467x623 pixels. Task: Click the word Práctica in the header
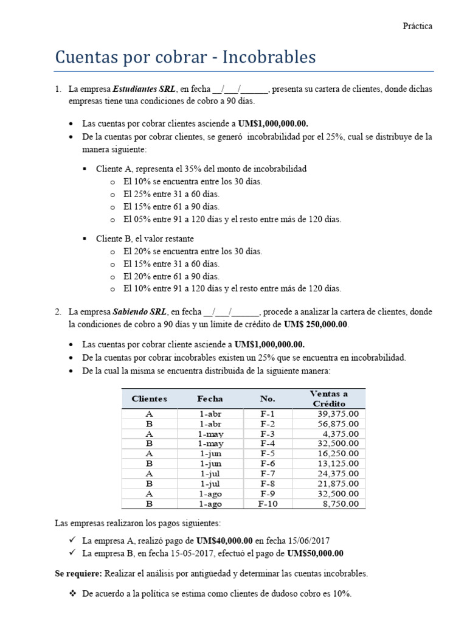coord(417,26)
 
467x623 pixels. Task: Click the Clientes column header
coord(149,399)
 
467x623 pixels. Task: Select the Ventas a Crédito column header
coord(328,399)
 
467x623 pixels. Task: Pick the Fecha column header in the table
coord(210,399)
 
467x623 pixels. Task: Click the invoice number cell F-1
coord(268,414)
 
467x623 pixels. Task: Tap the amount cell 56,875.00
coord(337,424)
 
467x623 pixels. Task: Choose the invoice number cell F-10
coord(268,504)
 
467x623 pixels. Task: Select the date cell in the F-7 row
coord(210,474)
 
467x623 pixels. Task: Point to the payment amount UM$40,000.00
coord(224,540)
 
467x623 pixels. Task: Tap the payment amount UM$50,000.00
coord(314,553)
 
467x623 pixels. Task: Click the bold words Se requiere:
coord(78,573)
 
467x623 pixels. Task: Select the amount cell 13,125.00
coord(337,464)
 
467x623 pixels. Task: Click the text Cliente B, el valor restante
coord(145,238)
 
